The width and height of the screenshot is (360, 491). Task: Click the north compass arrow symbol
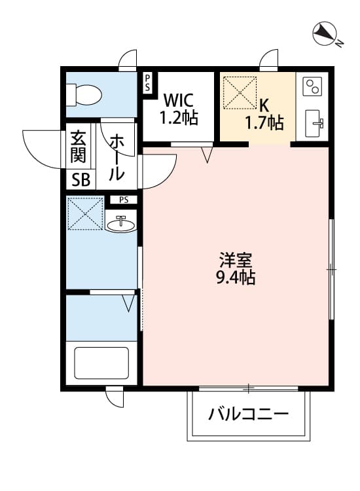coord(323,33)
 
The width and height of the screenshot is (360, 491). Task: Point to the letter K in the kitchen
coord(263,105)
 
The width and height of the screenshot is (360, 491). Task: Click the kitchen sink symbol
coord(315,122)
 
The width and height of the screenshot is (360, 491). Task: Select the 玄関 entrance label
coord(78,150)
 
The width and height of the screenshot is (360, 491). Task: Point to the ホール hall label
coord(116,157)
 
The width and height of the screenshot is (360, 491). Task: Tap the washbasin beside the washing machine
coord(120,224)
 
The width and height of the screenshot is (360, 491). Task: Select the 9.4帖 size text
coord(235,278)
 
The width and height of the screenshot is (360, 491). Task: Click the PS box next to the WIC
coord(148,82)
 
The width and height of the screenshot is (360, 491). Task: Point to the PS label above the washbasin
coord(124,200)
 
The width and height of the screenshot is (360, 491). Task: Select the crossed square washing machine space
coord(84,213)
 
